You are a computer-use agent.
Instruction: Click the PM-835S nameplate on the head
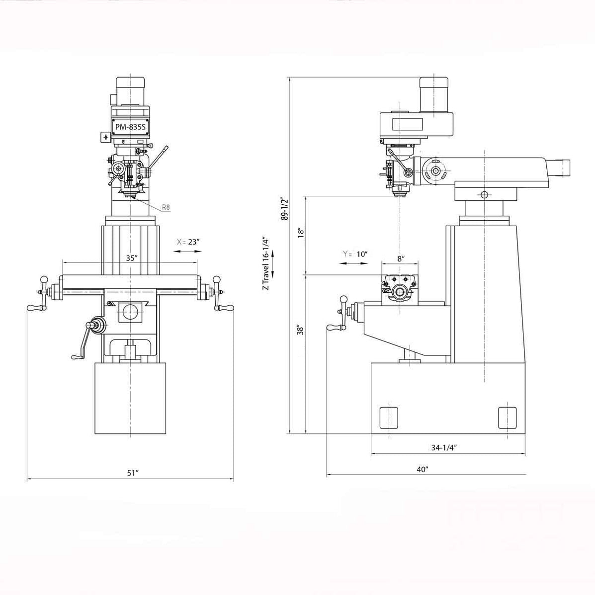coord(130,127)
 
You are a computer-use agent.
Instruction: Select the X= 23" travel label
coord(188,242)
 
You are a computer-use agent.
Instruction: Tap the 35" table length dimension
coord(130,258)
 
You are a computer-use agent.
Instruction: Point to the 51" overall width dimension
coord(132,473)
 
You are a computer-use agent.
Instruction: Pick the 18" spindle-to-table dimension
coord(300,234)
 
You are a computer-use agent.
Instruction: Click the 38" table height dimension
coord(300,331)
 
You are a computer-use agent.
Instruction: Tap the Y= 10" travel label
coord(355,254)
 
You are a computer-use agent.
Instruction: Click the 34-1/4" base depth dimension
coord(444,447)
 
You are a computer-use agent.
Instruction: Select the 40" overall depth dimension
coord(423,469)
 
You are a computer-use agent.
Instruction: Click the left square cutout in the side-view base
coord(388,417)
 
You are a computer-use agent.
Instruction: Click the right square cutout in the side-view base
coord(507,417)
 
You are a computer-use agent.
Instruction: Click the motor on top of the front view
coord(130,90)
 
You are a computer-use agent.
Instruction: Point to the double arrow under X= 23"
coord(186,252)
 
